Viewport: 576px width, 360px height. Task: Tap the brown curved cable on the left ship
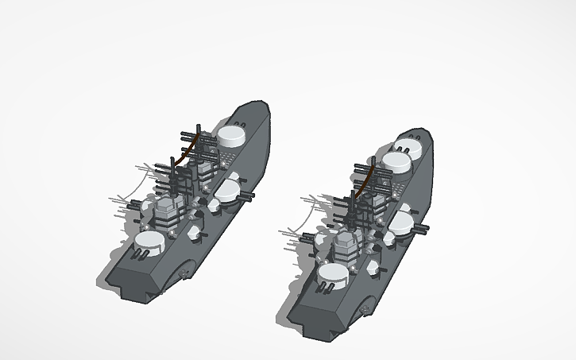(187, 150)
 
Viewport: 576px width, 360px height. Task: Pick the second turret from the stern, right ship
(395, 164)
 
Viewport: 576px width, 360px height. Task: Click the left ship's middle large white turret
(228, 192)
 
